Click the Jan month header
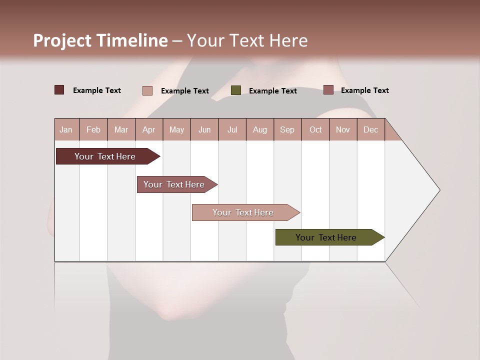tap(66, 129)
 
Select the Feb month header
tap(93, 129)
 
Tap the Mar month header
tap(121, 129)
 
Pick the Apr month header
tap(148, 129)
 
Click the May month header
tap(176, 129)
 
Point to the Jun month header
tap(204, 129)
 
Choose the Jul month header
tap(232, 129)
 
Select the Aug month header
tap(259, 129)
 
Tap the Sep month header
tap(287, 129)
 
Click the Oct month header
tap(315, 129)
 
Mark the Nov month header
tap(343, 129)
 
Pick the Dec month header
tap(370, 129)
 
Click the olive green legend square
tap(236, 90)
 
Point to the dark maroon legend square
tap(59, 90)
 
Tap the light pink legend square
tap(147, 90)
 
